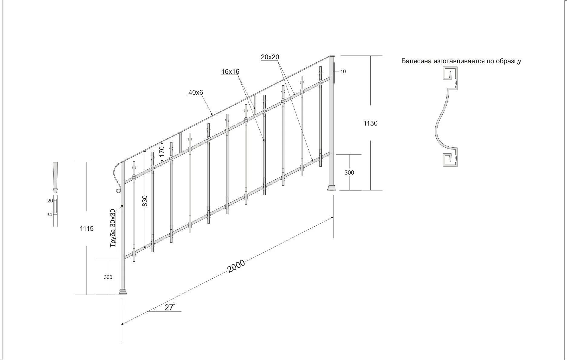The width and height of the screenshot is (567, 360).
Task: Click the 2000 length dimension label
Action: coord(236,266)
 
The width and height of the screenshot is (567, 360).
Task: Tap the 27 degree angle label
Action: coord(169,307)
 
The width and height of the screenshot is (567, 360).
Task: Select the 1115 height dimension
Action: coord(87,229)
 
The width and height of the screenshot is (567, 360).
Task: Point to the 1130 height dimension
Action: coord(370,123)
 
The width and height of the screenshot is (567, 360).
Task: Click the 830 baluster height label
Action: coord(145,201)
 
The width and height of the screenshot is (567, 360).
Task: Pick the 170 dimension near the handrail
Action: coord(162,150)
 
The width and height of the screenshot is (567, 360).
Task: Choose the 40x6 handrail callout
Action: coord(195,93)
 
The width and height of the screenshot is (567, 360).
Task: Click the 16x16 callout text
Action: coord(230,72)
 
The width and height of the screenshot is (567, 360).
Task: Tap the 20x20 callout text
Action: coord(270,57)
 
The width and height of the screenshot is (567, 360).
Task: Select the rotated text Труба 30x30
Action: coord(113,228)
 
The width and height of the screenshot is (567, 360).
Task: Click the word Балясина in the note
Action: coord(416,61)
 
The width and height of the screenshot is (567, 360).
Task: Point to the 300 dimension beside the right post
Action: coord(349,172)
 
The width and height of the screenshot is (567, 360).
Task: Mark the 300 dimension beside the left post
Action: coord(108,277)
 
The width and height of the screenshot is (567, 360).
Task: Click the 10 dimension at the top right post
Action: coord(343,72)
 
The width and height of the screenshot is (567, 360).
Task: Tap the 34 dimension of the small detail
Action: coord(49,214)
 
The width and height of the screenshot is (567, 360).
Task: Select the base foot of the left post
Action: coord(123,292)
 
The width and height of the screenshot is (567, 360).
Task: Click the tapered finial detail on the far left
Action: coord(55,177)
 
